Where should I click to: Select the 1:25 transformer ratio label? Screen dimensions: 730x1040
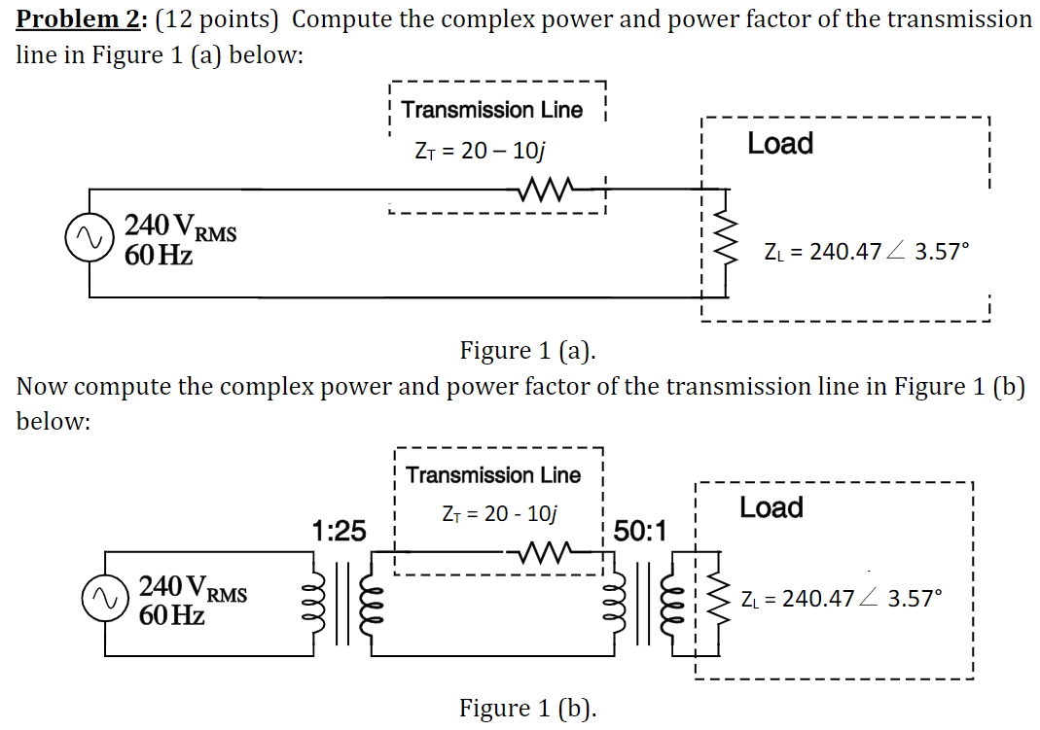tap(339, 531)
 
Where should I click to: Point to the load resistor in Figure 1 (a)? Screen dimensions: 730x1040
tap(721, 239)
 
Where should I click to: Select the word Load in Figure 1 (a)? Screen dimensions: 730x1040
tap(779, 144)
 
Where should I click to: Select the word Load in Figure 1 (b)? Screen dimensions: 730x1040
tap(771, 507)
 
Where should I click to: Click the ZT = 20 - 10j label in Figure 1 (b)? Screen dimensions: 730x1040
tap(498, 513)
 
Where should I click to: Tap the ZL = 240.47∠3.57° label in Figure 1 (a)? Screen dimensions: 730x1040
tap(866, 252)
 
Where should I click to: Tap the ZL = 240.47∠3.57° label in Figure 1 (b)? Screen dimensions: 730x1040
tap(842, 599)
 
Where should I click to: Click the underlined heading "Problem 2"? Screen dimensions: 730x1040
tap(81, 18)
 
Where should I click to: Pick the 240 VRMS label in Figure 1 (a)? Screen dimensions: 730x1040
tap(180, 229)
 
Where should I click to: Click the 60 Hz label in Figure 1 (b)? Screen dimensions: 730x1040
tap(173, 615)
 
